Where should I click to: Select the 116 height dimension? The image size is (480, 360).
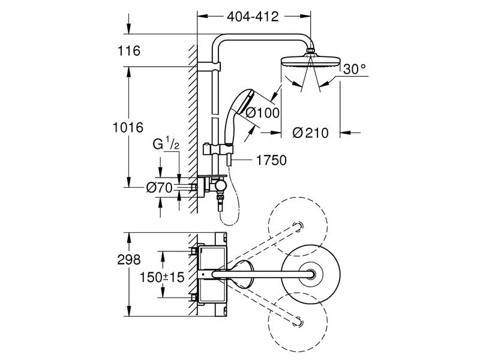130,51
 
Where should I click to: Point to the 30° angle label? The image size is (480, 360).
354,70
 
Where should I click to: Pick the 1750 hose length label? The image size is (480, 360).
270,160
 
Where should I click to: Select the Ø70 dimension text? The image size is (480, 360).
160,188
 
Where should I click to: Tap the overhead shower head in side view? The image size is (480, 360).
311,62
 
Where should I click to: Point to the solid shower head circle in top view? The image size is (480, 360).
311,274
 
